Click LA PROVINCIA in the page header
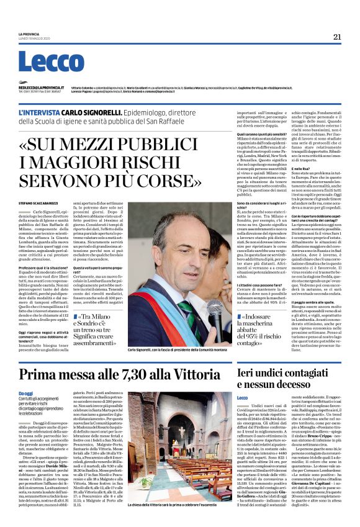coord(28,34)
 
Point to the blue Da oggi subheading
coord(25,394)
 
